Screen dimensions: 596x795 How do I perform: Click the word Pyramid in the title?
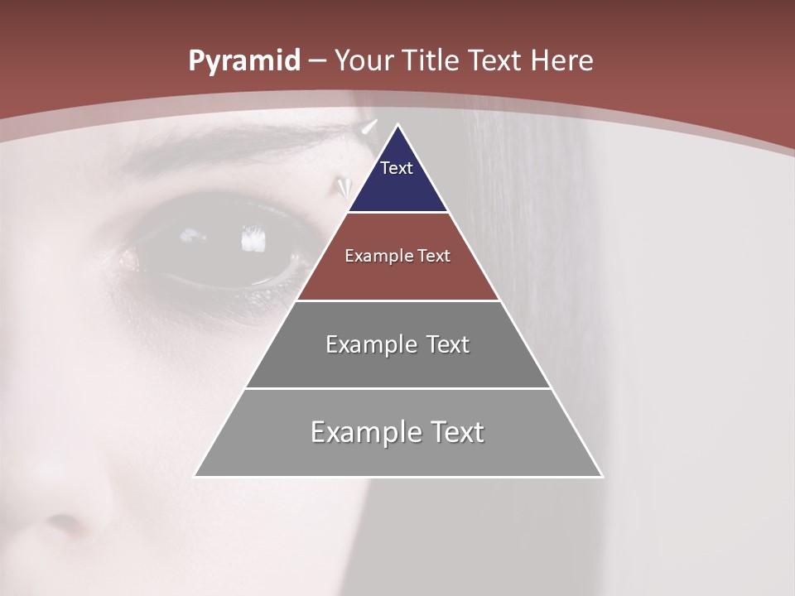pyautogui.click(x=243, y=61)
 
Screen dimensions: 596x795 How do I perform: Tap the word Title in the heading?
pyautogui.click(x=430, y=61)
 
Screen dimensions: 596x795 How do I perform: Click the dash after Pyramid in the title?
pyautogui.click(x=317, y=62)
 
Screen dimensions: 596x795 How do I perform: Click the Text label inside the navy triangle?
pyautogui.click(x=397, y=168)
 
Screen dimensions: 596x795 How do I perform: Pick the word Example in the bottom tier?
pyautogui.click(x=365, y=432)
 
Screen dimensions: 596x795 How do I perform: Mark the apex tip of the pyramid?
pyautogui.click(x=398, y=125)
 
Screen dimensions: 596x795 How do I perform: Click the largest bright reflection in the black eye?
pyautogui.click(x=253, y=241)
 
